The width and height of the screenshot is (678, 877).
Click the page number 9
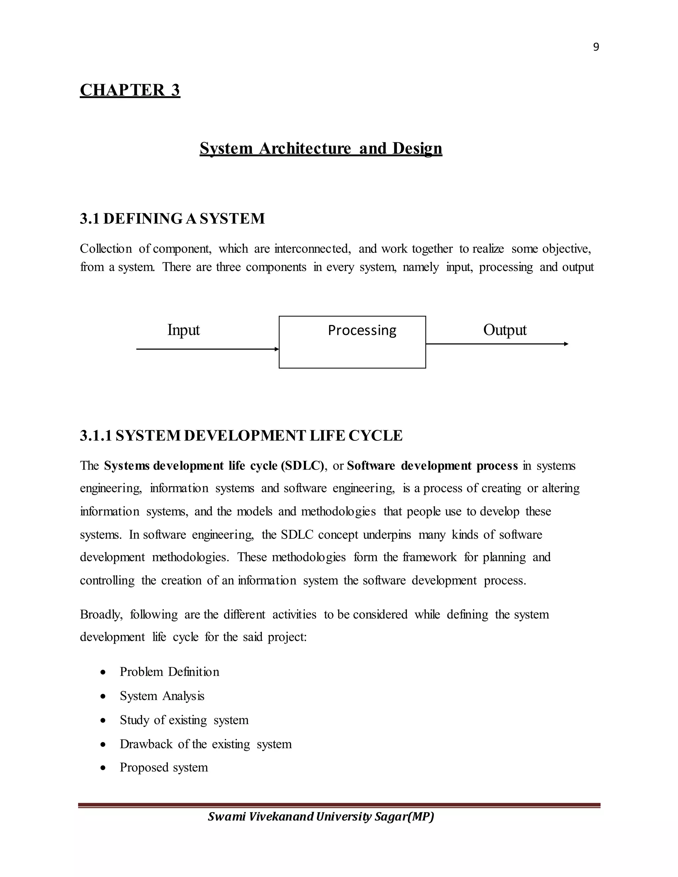coord(596,47)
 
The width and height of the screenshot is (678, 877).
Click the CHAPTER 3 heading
coord(130,90)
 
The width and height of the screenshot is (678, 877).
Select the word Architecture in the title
coord(305,148)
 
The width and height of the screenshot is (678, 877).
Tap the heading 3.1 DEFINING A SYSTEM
coord(172,219)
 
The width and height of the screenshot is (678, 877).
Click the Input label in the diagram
coord(183,330)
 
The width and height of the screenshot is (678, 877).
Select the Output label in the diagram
coord(505,330)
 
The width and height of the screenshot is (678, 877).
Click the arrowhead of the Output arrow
coord(566,344)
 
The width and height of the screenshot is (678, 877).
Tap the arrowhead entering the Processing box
coord(277,349)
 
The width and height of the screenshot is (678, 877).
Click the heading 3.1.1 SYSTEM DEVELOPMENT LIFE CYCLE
coord(241,436)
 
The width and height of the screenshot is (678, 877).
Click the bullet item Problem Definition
coord(169,672)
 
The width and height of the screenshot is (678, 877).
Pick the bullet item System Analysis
coord(162,696)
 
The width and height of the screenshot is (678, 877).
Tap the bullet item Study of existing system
coord(184,720)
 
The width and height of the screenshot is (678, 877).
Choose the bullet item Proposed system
coord(164,767)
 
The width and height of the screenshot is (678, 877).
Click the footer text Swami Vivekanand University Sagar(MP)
coord(320,817)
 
